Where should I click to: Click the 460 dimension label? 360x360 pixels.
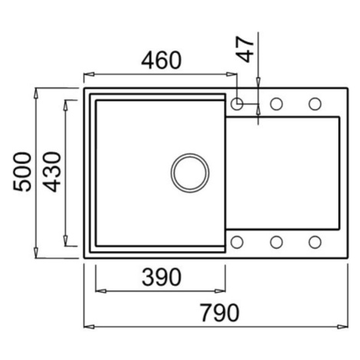coord(162,61)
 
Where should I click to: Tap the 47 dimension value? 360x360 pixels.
coord(245,49)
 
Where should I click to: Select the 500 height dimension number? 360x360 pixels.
coord(22,172)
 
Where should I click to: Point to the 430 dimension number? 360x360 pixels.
coord(52,172)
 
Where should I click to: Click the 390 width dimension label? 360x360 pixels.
coord(162,277)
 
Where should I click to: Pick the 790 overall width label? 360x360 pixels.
coord(220,313)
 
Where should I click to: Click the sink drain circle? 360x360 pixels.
coord(190,172)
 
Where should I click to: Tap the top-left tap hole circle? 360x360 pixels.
coord(237,104)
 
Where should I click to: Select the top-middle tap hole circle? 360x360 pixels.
coord(277,104)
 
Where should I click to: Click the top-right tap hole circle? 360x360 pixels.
coord(315,104)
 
